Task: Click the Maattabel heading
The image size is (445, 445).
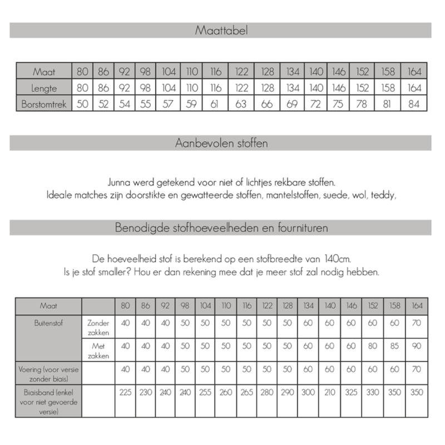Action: click(221, 31)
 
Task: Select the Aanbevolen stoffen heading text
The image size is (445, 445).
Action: click(221, 143)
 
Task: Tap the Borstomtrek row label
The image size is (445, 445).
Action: click(44, 103)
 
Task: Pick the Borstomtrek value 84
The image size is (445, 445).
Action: click(413, 103)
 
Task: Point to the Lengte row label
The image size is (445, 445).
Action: click(44, 87)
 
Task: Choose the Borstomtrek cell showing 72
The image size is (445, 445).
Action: click(317, 103)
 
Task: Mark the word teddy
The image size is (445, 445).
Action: click(384, 195)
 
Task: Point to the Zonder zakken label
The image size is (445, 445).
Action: click(98, 327)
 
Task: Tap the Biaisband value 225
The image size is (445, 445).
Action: click(125, 392)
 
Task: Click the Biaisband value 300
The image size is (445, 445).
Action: click(308, 392)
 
